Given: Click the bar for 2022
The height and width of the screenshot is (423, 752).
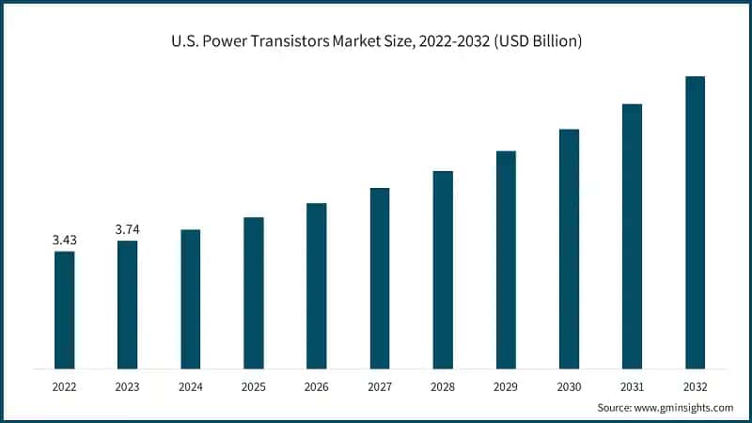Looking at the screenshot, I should [x=64, y=309].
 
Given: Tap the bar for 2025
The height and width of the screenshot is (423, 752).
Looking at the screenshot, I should [x=253, y=292].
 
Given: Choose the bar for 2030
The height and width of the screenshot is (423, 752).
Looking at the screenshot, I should [x=569, y=248].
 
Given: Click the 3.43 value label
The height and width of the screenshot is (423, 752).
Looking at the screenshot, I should [x=64, y=241].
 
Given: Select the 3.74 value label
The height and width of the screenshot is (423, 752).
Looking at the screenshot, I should [x=127, y=229].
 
